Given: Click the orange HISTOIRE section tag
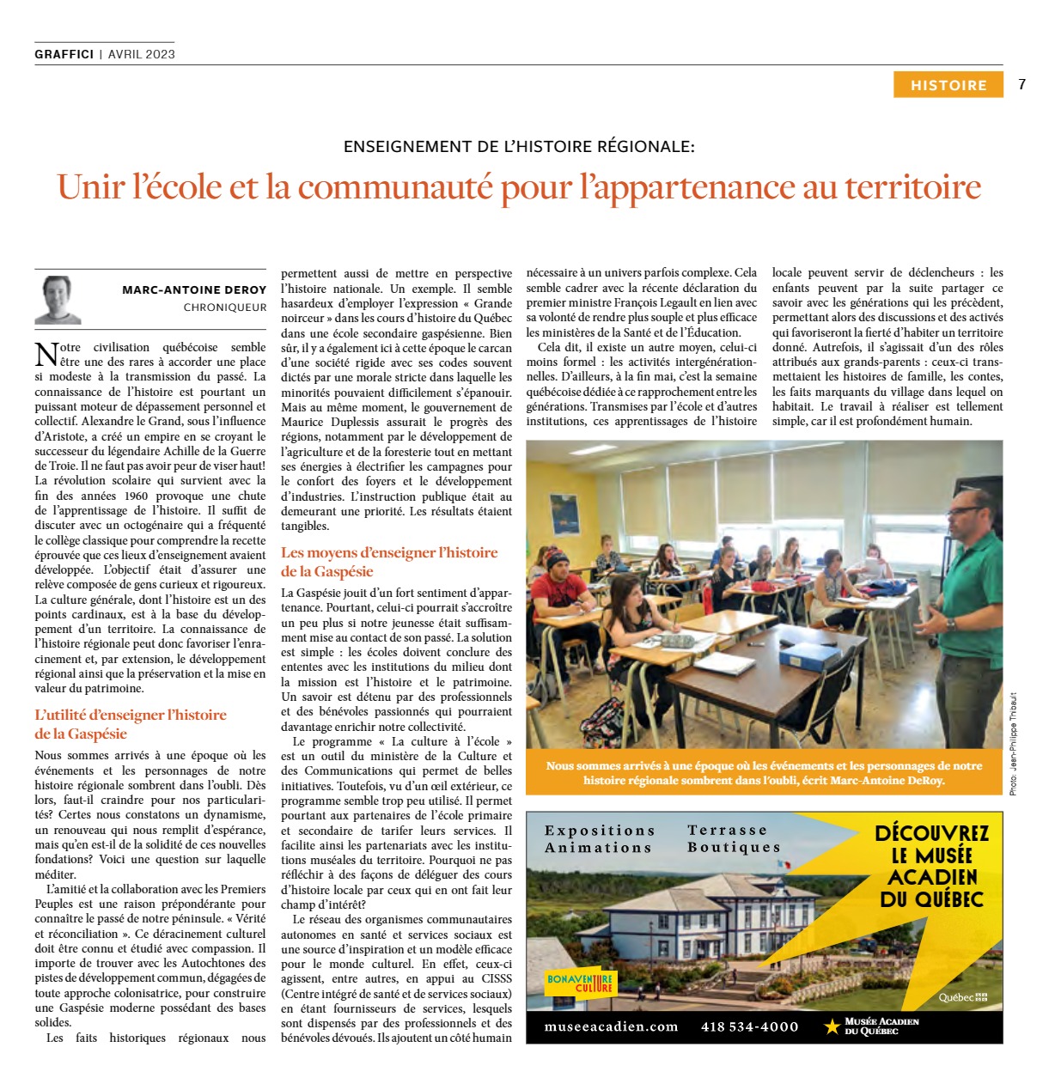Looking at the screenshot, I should point(948,85).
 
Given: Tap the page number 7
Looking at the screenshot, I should point(1021,84).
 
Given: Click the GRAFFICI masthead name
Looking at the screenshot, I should point(64,54).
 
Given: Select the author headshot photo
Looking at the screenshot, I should point(58,299).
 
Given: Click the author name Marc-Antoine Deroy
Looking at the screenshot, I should point(194,290).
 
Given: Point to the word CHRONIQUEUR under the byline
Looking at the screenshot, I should point(225,308).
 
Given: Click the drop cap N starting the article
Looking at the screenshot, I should point(46,354).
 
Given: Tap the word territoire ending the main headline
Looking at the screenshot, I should point(912,187).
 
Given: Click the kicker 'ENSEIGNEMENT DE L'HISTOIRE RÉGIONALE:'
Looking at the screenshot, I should point(519,147).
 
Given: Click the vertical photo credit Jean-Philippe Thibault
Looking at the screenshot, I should point(1013,743).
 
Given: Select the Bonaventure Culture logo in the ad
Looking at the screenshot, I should point(581,983).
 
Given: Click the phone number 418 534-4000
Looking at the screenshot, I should point(749,1026).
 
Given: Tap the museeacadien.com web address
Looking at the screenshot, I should point(611,1026).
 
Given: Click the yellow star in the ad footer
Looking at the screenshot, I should point(831,1026).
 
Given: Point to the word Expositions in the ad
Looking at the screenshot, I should point(600,831).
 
